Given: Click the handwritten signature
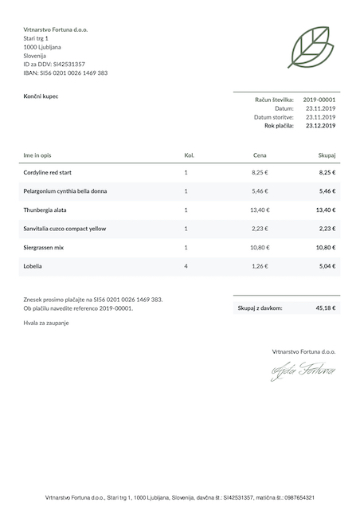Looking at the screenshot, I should click(x=303, y=371).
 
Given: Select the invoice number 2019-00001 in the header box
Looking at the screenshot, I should click(x=319, y=100).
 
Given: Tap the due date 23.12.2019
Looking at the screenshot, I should click(x=320, y=125).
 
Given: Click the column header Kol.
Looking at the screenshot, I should click(x=189, y=155).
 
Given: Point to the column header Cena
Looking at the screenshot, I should click(x=260, y=155).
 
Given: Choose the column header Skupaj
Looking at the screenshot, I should click(x=327, y=155).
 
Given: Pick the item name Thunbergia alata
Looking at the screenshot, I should click(x=45, y=210).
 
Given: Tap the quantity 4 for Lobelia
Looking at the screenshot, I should click(x=186, y=265).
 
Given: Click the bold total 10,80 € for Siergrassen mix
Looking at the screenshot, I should click(x=326, y=247).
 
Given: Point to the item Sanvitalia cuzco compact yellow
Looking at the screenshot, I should click(x=65, y=229).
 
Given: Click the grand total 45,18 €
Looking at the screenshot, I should click(x=325, y=307).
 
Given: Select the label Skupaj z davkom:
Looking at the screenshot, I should click(x=260, y=307).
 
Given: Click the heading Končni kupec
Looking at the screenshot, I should click(x=41, y=96).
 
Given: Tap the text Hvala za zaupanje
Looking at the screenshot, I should click(x=46, y=323).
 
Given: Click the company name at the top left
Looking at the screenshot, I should click(x=56, y=29).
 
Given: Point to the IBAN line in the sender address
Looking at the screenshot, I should click(x=65, y=73).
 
